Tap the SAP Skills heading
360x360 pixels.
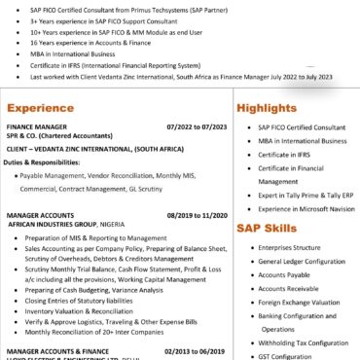(267, 229)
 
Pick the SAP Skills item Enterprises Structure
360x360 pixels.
(289, 248)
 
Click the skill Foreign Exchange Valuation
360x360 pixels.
(297, 302)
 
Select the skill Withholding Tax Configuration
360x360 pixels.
(301, 342)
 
